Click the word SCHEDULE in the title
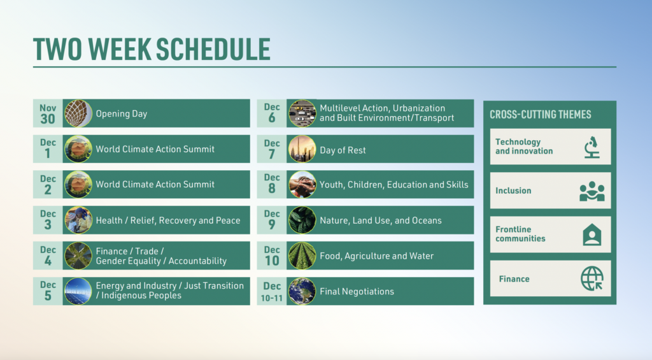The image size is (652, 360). (x=213, y=49)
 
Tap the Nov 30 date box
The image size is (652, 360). (x=48, y=113)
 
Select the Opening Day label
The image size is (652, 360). (x=122, y=113)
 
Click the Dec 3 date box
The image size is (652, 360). (x=48, y=220)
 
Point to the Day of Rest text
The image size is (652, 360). (x=343, y=150)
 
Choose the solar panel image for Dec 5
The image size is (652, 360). (x=78, y=291)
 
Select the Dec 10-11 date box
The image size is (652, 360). (x=271, y=291)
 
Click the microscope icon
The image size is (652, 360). (x=592, y=147)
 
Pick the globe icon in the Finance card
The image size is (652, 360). (x=592, y=278)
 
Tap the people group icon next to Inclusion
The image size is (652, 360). (x=592, y=191)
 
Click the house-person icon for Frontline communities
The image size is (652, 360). (x=592, y=234)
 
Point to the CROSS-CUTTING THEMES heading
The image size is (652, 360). (x=540, y=115)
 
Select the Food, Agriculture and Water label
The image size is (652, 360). (x=377, y=256)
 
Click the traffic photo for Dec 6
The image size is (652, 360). (x=302, y=113)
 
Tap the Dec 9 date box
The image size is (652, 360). (x=271, y=220)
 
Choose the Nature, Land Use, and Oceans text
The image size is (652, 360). (x=381, y=220)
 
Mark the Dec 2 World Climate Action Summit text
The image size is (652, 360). (x=155, y=184)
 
